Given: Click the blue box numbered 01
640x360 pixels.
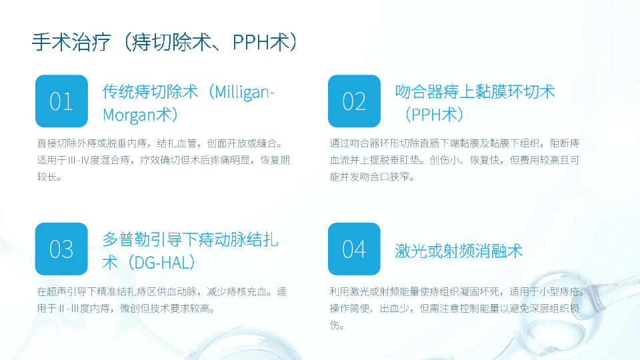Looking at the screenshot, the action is coord(61,101).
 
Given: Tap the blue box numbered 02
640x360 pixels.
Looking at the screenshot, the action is coord(354,101).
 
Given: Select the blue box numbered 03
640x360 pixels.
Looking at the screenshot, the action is coord(61,249).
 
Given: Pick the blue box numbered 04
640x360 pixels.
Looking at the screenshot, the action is coord(354,249).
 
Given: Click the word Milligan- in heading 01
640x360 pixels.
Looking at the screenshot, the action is coord(244,92).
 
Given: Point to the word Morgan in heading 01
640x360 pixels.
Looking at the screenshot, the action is coord(129,115).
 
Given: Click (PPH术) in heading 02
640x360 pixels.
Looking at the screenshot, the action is coord(433,115).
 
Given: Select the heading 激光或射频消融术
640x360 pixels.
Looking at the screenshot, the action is coord(459,251).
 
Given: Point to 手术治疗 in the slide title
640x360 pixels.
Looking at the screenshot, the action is coord(71,42).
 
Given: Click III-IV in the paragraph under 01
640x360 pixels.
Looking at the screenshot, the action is coord(79,160).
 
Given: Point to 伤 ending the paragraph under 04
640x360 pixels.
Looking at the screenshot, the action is coord(335,325).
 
